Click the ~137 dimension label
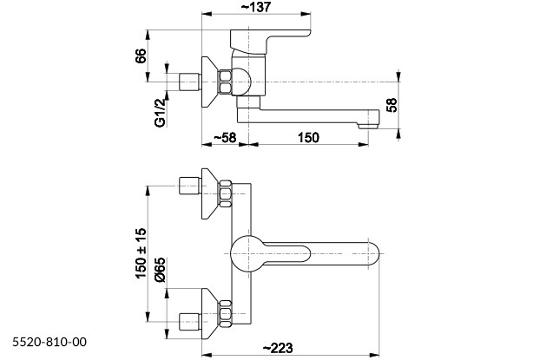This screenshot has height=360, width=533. click(x=258, y=8)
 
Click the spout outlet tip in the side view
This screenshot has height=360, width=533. click(x=371, y=120)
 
